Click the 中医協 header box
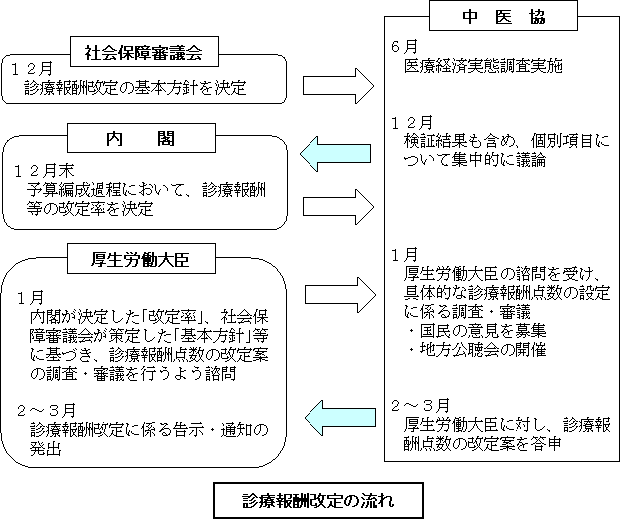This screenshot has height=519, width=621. (x=504, y=16)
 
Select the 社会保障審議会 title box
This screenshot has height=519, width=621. (x=144, y=52)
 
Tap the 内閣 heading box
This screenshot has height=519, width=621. (x=141, y=138)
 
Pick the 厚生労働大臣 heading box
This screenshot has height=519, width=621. (x=141, y=259)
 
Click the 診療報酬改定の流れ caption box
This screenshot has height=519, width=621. (x=318, y=500)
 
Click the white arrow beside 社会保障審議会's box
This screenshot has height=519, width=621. (x=338, y=86)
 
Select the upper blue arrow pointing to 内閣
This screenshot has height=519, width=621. (x=335, y=154)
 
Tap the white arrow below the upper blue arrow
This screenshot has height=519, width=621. (x=338, y=207)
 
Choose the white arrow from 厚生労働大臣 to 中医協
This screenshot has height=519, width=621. (x=340, y=295)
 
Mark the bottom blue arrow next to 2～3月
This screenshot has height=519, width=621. (x=339, y=418)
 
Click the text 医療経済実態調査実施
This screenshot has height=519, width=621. (x=484, y=66)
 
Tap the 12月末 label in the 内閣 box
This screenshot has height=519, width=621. (x=44, y=171)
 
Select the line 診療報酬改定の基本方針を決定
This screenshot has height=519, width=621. (x=135, y=88)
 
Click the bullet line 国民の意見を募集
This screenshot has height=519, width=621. (x=478, y=331)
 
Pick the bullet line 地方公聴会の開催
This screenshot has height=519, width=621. (x=478, y=350)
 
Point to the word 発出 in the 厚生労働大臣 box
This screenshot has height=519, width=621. (x=45, y=449)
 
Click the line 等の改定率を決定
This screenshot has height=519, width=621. (x=90, y=209)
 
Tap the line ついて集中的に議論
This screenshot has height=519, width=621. (x=476, y=161)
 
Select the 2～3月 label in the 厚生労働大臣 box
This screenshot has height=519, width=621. (x=46, y=411)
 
